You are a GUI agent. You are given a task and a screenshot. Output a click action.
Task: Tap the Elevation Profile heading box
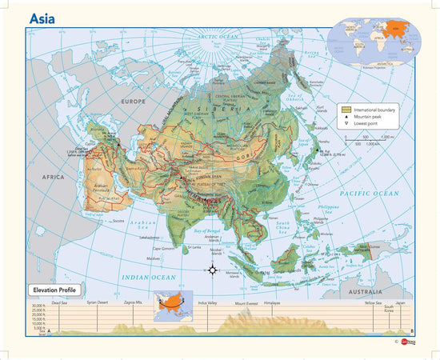point(57,289)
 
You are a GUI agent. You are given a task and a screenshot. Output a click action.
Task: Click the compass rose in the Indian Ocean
point(213,269)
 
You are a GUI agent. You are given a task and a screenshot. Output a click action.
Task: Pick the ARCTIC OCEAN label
point(219,37)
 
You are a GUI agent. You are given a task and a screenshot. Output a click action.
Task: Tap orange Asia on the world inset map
point(390,30)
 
